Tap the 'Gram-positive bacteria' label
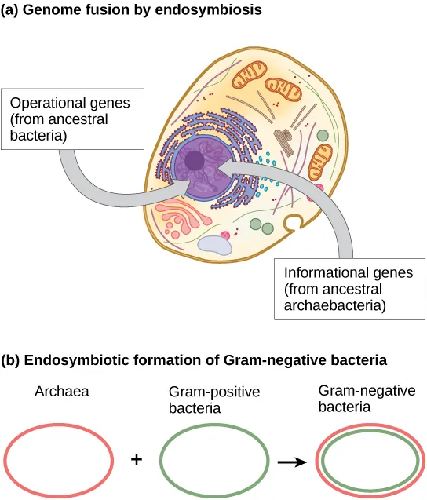(x=203, y=399)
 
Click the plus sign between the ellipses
(x=136, y=459)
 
